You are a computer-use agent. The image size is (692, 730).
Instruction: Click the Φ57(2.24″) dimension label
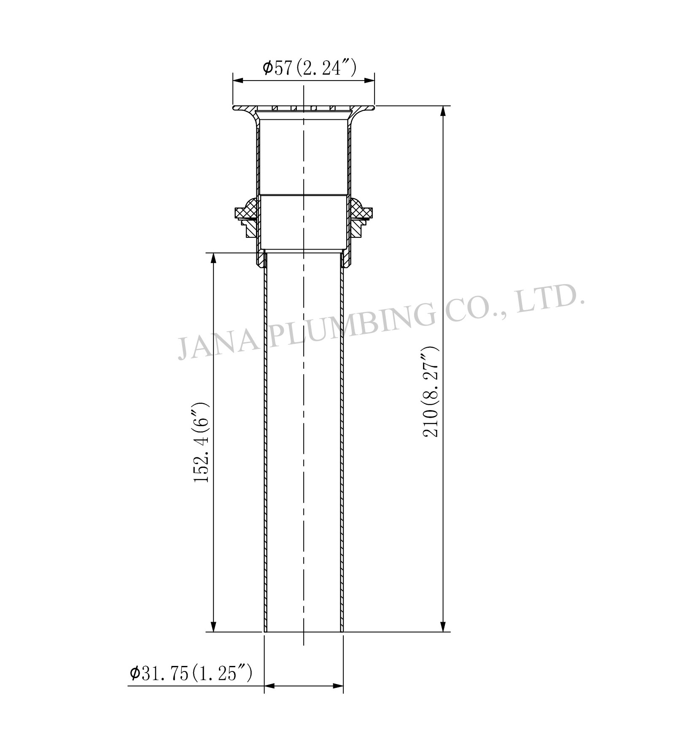tap(310, 68)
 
